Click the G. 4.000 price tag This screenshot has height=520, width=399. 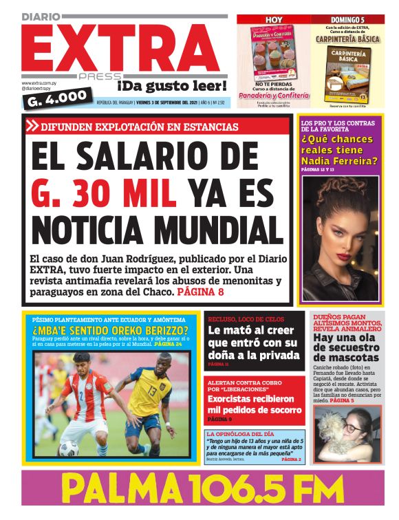click(x=57, y=98)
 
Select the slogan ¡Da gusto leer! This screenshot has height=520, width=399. click(x=171, y=86)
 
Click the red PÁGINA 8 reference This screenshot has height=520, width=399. click(x=201, y=292)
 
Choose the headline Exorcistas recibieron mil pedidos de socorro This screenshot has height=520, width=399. click(x=255, y=404)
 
